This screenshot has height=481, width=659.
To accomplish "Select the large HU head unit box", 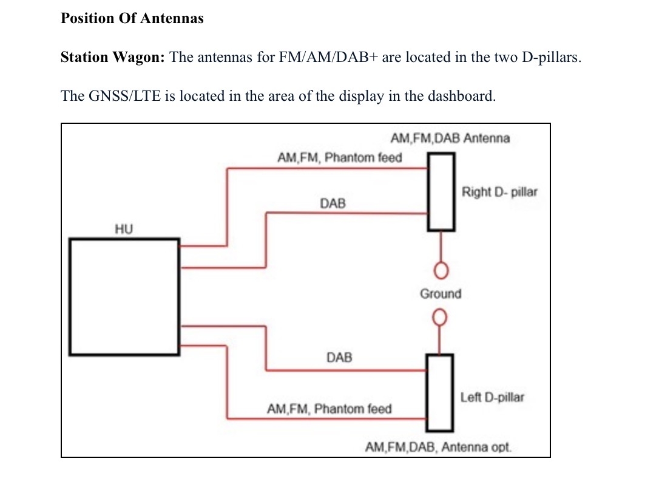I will coord(124,296).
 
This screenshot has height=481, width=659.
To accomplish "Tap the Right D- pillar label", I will coord(499,192).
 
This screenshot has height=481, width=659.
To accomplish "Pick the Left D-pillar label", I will coord(492,398).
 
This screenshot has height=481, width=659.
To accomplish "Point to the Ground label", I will coord(441,294).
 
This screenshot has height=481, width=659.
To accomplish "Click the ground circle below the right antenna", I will coord(441,269).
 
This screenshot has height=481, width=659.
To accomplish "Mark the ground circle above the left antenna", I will coord(440,317).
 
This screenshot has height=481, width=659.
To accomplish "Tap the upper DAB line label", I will coord(333,203).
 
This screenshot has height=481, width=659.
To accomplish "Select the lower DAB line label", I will coord(339,357).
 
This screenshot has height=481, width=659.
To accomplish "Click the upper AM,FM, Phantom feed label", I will coord(339,158).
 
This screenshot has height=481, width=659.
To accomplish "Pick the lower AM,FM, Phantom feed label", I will coord(329,409).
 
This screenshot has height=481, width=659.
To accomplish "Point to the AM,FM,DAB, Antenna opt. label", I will coord(438,448).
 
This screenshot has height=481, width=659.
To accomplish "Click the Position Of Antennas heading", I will coord(132,18).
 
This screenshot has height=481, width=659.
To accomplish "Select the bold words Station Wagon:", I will coord(113,58).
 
